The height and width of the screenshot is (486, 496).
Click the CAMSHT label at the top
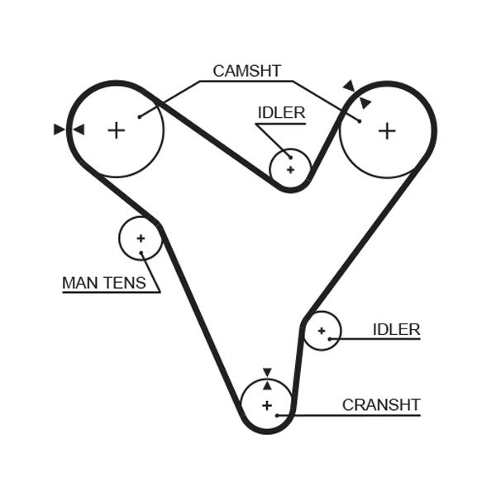tap(246, 71)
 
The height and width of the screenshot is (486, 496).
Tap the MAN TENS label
tap(103, 283)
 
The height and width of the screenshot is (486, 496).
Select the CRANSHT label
tap(381, 405)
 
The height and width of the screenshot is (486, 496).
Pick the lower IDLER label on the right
tap(396, 330)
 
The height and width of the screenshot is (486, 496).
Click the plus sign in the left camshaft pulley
tap(117, 130)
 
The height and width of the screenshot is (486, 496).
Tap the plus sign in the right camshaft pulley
tap(387, 130)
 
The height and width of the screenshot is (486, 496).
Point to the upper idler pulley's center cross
tap(290, 169)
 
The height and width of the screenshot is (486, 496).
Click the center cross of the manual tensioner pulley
tap(141, 238)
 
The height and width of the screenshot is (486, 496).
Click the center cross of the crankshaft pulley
tap(266, 405)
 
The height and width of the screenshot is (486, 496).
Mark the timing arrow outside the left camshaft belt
tap(59, 130)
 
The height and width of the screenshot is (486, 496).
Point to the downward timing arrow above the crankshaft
tap(267, 372)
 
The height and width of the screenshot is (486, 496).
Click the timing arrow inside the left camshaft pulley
tap(79, 130)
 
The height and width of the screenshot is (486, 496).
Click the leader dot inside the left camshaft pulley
tap(140, 116)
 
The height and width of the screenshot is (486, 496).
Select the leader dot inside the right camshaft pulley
tap(360, 121)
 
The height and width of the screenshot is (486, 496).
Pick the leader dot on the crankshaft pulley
tap(278, 415)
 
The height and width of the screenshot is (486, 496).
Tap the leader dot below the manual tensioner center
tap(141, 252)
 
